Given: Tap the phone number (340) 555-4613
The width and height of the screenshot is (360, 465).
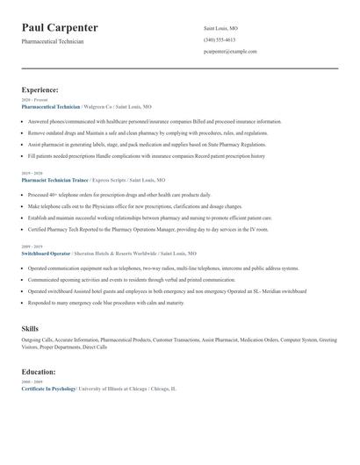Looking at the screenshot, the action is pos(219,39).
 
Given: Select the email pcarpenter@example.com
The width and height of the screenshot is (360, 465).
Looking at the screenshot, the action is pos(230,51).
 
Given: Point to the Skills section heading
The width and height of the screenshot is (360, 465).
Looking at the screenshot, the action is pos(30,327).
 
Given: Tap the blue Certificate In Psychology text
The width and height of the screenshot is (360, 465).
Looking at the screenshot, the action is pos(48,388).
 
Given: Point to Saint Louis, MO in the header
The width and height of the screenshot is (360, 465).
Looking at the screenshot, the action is pos(220,28).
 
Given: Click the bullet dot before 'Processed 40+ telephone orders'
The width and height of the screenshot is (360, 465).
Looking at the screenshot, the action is pos(24,194).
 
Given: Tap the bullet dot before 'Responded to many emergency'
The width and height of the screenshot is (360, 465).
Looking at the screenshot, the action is pos(24,302).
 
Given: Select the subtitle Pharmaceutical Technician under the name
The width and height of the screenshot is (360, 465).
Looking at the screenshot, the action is pos(53,41).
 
